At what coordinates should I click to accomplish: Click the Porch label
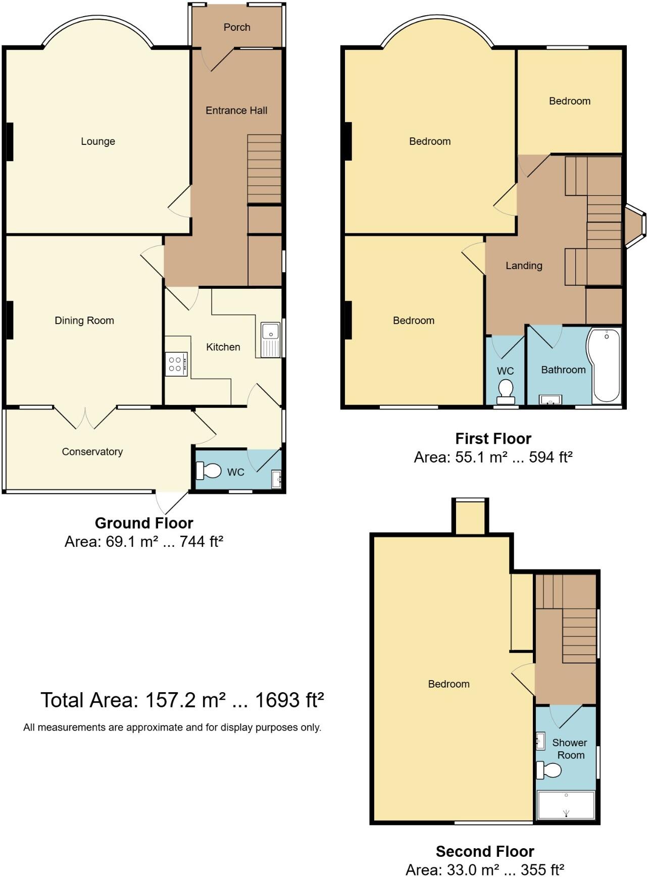(x=237, y=27)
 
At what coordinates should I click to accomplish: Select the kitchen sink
(x=271, y=340)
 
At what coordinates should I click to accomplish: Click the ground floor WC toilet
(x=209, y=471)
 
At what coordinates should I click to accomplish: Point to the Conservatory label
(x=92, y=452)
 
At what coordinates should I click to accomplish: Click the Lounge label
(x=98, y=141)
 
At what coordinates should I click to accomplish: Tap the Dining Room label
(x=84, y=321)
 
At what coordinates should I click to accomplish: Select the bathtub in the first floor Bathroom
(x=606, y=366)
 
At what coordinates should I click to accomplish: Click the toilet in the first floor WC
(x=506, y=392)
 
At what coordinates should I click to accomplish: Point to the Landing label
(x=524, y=266)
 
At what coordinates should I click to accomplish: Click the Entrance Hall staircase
(x=264, y=169)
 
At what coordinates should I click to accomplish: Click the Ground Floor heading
(x=144, y=523)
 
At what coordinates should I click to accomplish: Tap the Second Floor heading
(x=485, y=852)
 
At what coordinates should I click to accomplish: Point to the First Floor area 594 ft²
(x=551, y=457)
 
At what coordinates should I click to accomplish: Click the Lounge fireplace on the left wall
(x=9, y=142)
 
